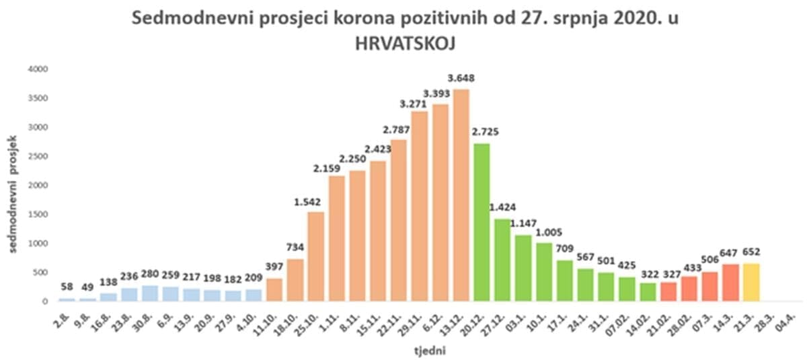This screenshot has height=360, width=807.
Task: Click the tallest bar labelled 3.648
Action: [x=461, y=195]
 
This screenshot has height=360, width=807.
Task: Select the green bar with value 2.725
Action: [x=482, y=222]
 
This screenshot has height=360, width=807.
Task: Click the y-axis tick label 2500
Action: [x=38, y=156]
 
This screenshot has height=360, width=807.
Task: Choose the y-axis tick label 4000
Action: [x=38, y=69]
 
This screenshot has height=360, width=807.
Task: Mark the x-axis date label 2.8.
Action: [x=63, y=313]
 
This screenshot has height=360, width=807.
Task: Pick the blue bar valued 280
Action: [x=151, y=293]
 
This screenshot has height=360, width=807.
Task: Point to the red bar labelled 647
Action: [x=732, y=283]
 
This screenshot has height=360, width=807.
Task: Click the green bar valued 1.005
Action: [x=544, y=272]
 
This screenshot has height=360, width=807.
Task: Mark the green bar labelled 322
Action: [x=648, y=292]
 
